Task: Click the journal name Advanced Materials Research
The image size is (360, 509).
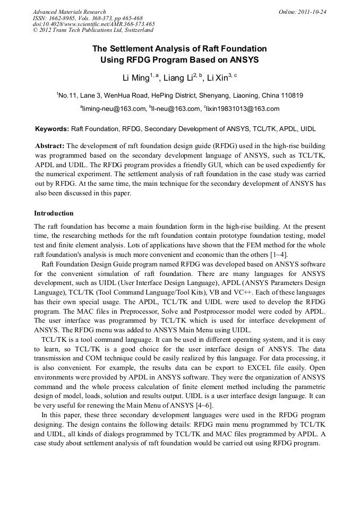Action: point(69,12)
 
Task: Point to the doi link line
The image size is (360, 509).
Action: point(93,24)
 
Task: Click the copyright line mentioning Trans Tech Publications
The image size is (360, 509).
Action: point(93,30)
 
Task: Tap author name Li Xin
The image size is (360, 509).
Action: point(218,78)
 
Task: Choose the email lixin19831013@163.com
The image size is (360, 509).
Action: point(243,109)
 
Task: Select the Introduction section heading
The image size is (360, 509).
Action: point(54,213)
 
